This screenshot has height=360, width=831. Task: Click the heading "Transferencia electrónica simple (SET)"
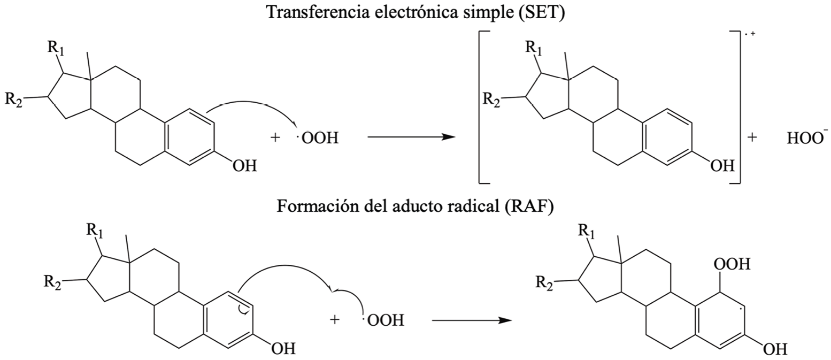coord(415,12)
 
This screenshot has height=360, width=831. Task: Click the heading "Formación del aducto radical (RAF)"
coord(415,206)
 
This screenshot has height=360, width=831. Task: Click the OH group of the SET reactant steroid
coord(244,166)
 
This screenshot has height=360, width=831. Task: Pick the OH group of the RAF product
coord(775,350)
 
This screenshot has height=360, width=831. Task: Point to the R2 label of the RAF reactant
coord(53,282)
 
